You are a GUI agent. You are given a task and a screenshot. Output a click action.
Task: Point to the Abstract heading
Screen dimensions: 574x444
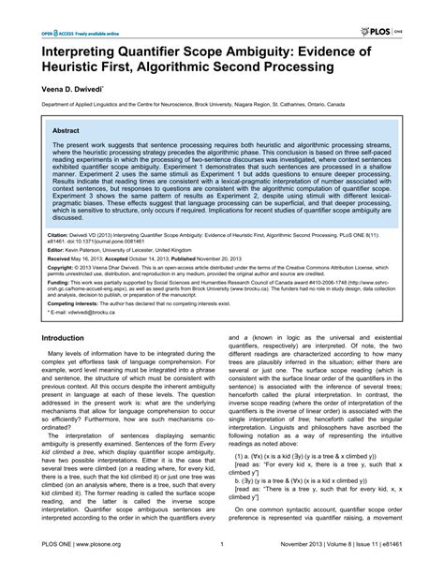tap(66, 134)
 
